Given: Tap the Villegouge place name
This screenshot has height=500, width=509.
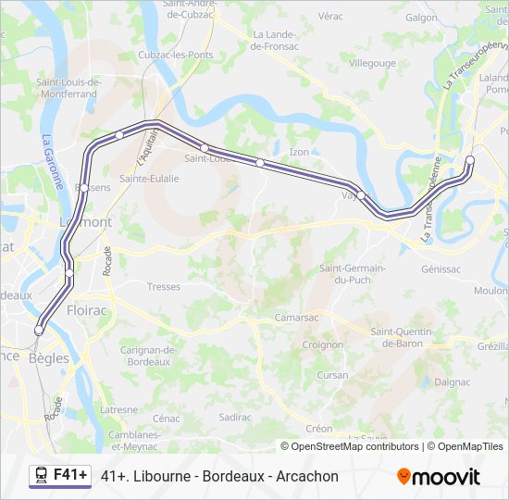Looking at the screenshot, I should [x=372, y=63].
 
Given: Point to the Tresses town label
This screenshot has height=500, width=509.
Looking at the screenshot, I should [x=164, y=286].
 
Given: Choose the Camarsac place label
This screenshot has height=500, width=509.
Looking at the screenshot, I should [x=297, y=317].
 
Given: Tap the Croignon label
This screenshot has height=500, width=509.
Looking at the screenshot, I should [x=322, y=344].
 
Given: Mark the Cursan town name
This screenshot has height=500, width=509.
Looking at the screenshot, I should [x=332, y=375].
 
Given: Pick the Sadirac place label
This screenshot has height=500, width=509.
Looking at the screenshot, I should [x=235, y=417].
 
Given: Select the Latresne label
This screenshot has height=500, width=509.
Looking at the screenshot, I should [x=118, y=409].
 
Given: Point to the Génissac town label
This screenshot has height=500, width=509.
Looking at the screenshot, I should [x=441, y=269].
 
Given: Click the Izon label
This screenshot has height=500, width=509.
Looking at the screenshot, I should [x=298, y=152].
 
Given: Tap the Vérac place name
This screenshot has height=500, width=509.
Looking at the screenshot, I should [x=329, y=17].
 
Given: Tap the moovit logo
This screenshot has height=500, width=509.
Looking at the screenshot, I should [x=439, y=477].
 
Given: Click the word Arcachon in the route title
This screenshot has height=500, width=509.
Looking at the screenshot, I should [x=307, y=476].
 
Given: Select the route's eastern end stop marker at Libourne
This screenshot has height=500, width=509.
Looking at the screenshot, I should [x=469, y=160].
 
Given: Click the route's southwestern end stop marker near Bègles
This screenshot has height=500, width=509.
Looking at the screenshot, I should [x=39, y=330].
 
